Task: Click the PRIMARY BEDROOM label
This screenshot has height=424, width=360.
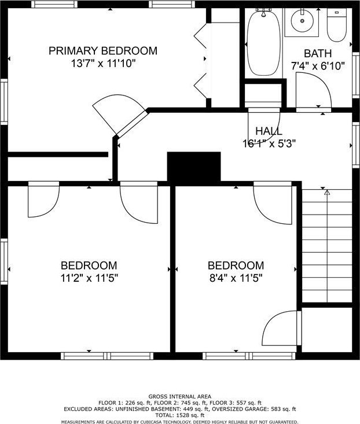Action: coord(103,51)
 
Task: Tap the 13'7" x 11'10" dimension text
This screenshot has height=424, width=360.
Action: coord(103,64)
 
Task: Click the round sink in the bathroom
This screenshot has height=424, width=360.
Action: coord(302,20)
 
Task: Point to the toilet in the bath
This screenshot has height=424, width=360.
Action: coord(336,25)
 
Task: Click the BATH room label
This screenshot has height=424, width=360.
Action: coord(318,54)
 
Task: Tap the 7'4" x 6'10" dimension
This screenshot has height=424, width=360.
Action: coord(318,66)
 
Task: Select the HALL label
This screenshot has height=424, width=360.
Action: coord(269,131)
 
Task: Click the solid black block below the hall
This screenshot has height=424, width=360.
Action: coord(194,167)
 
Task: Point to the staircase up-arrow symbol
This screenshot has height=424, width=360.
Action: coord(327,193)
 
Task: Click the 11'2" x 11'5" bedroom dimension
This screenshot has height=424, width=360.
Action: coord(89,278)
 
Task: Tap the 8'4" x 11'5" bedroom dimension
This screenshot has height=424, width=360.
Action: coord(236,278)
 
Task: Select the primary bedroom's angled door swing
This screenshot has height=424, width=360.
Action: coord(120,114)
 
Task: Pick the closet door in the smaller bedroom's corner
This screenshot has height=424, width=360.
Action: coord(281,328)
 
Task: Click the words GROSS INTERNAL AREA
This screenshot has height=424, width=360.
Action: coord(180,397)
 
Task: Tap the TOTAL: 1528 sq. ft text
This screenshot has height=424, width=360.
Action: coord(180,415)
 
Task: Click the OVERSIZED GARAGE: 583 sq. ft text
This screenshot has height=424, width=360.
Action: coord(254,409)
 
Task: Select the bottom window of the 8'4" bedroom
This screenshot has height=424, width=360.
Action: coord(249,356)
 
